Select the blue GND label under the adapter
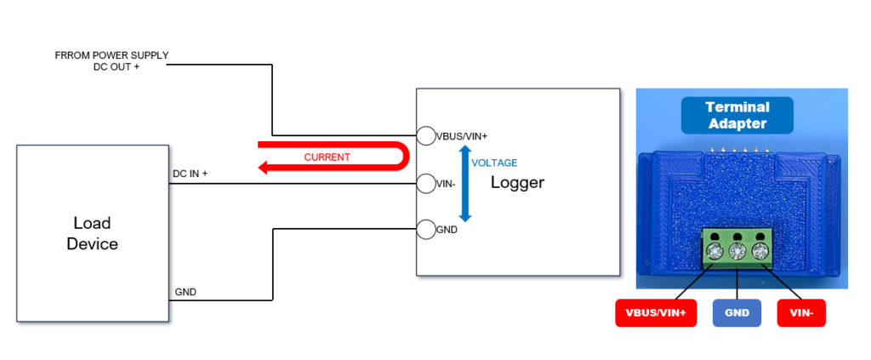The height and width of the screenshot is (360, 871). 737,313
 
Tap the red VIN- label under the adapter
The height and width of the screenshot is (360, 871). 801,313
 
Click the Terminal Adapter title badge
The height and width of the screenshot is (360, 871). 737,115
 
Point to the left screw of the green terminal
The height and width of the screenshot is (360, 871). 714,250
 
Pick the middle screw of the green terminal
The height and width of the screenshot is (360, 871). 737,250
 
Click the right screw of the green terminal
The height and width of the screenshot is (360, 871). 759,250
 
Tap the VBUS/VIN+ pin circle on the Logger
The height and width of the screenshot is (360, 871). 425,135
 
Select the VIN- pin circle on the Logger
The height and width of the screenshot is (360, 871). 425,182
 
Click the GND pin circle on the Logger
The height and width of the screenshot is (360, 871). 425,229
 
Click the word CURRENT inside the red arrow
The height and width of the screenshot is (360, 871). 327,157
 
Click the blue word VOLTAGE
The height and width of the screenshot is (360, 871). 494,163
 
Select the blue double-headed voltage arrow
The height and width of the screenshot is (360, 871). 464,182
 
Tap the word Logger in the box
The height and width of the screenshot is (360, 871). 517,182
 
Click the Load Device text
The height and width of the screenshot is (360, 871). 92,233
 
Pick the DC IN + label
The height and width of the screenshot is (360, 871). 191,174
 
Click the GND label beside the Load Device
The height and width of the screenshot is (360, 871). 185,291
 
